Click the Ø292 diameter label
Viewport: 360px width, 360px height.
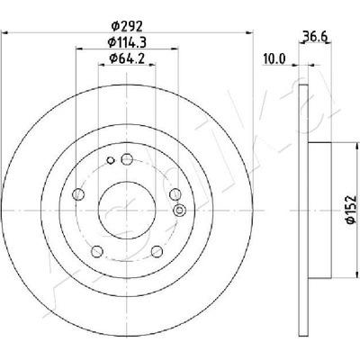tap(126, 26)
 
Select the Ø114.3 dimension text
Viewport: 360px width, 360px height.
tap(127, 42)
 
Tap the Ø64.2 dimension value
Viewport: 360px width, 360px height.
tap(127, 58)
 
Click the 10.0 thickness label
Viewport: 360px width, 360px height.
tap(274, 58)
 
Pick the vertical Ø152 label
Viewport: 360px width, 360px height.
tap(350, 210)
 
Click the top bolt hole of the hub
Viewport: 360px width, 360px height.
tap(127, 159)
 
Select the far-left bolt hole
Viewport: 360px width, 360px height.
tap(78, 194)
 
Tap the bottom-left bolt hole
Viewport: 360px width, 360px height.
tap(97, 251)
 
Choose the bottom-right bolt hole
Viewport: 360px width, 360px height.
tap(157, 251)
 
